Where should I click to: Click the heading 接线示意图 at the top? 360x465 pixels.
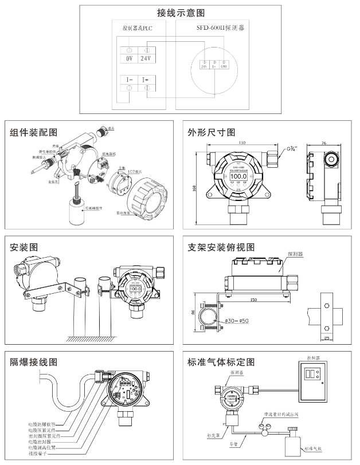(181, 13)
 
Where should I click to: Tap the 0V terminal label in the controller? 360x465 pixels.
(130, 58)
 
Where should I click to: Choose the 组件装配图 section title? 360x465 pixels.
(34, 132)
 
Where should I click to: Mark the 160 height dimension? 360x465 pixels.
(195, 188)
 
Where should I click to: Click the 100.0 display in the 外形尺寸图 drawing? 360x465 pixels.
(238, 176)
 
